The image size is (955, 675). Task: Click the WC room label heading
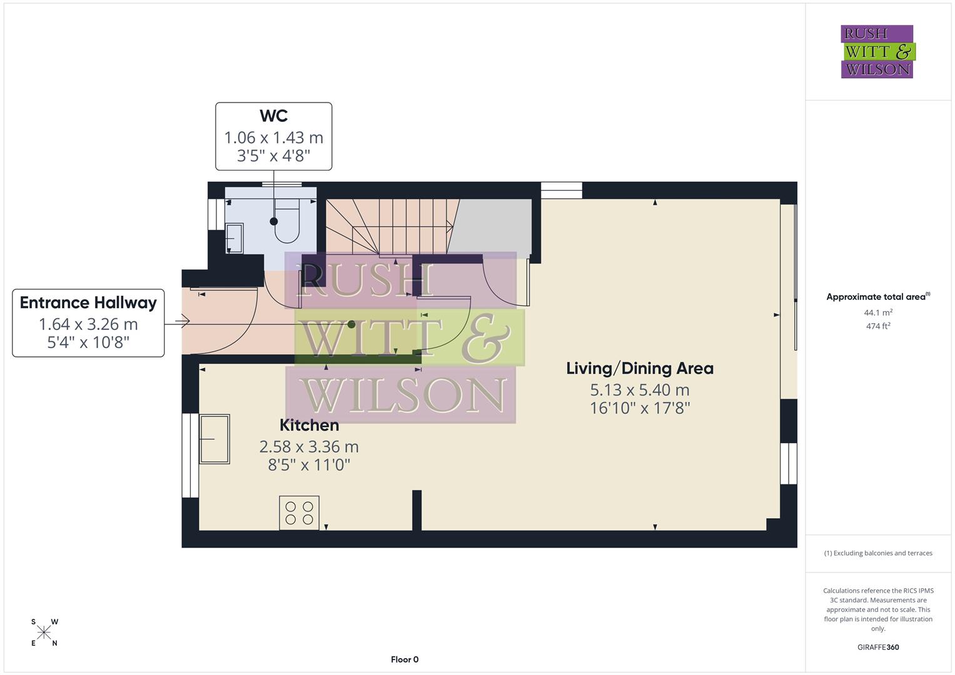click(273, 116)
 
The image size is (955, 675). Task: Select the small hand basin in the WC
click(234, 238)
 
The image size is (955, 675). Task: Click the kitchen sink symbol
click(214, 439)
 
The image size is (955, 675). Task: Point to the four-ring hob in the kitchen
click(299, 512)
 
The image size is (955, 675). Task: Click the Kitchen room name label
click(309, 426)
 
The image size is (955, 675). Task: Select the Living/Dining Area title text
click(639, 369)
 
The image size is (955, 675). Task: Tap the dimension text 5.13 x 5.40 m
click(639, 390)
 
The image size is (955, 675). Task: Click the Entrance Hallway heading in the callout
click(88, 303)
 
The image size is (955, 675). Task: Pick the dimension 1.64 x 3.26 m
click(88, 324)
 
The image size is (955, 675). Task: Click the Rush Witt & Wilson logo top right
click(877, 52)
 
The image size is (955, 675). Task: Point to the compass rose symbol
click(44, 632)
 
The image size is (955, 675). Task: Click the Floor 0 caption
click(404, 659)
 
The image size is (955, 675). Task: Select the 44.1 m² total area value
click(877, 312)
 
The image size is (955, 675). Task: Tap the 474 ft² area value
click(877, 326)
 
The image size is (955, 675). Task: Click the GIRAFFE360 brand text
click(877, 647)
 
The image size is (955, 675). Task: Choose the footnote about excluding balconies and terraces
click(877, 553)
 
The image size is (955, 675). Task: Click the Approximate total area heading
click(877, 297)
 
